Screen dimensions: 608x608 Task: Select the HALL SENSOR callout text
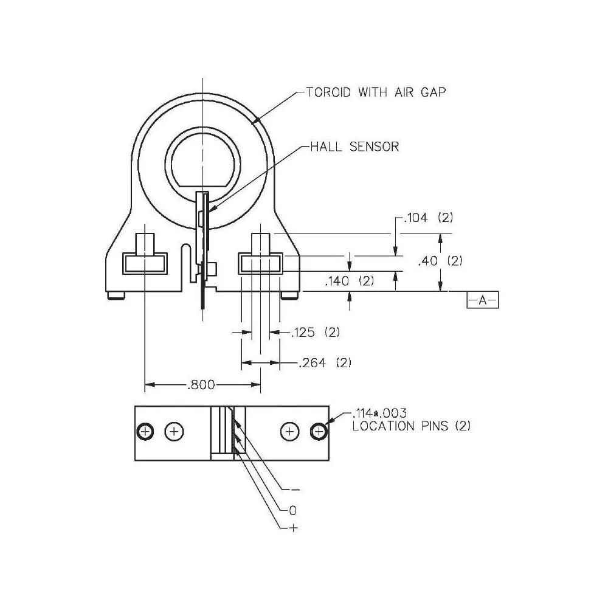coord(354,147)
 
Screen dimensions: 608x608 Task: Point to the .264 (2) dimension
coord(325,363)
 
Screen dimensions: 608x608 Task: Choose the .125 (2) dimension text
coord(315,333)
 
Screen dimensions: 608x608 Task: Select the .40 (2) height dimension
coord(441,261)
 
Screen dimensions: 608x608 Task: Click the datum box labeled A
coord(482,300)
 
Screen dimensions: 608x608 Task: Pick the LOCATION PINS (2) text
coord(412,426)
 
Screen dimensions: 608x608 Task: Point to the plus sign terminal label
coord(293,528)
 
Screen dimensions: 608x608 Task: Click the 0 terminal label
coord(292,510)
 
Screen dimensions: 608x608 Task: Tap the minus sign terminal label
coord(295,489)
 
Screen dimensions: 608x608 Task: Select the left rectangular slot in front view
coord(145,264)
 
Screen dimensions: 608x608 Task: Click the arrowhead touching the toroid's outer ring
coord(259,120)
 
